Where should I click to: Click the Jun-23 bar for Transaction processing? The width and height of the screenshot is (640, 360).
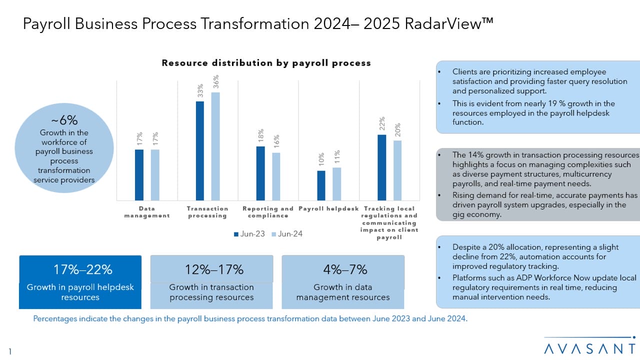point(200,151)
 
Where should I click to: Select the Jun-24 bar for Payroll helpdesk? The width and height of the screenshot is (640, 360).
point(337,184)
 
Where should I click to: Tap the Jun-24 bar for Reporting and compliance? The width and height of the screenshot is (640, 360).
point(276,176)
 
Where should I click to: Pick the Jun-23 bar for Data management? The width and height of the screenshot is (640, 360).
point(139,175)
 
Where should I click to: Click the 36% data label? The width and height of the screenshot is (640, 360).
point(216,81)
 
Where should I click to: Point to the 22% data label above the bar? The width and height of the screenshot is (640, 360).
point(382,123)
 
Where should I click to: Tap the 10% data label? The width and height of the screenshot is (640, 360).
point(321,159)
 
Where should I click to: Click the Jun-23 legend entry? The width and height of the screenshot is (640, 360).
point(249,234)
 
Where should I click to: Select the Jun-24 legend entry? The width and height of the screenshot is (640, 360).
point(287,234)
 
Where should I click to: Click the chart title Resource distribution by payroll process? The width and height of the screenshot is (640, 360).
point(266,63)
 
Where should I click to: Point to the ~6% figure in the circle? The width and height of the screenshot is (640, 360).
point(64,120)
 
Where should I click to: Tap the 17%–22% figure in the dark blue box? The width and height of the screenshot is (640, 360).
point(83,269)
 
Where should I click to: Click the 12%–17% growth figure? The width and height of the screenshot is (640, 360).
point(214,269)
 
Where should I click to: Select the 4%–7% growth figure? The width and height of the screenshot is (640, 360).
point(345,269)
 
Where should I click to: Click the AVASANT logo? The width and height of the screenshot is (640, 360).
point(589,345)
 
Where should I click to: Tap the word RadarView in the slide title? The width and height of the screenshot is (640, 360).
point(449,23)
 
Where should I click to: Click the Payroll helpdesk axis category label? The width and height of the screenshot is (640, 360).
point(328,208)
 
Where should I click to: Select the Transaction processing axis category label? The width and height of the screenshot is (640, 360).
point(207,212)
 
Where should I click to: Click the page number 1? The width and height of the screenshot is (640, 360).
point(10,351)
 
